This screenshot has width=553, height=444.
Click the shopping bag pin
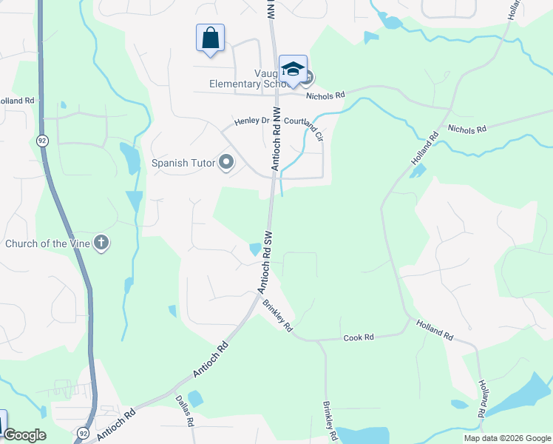click(211, 38)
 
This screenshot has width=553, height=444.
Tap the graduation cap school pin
click(293, 69)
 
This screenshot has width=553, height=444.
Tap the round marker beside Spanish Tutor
click(227, 162)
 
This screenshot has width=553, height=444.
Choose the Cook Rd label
click(359, 337)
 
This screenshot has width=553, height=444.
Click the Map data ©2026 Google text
click(506, 438)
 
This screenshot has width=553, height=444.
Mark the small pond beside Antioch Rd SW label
click(255, 249)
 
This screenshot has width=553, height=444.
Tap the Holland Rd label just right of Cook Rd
click(434, 329)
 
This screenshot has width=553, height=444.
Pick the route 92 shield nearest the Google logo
click(82, 432)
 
